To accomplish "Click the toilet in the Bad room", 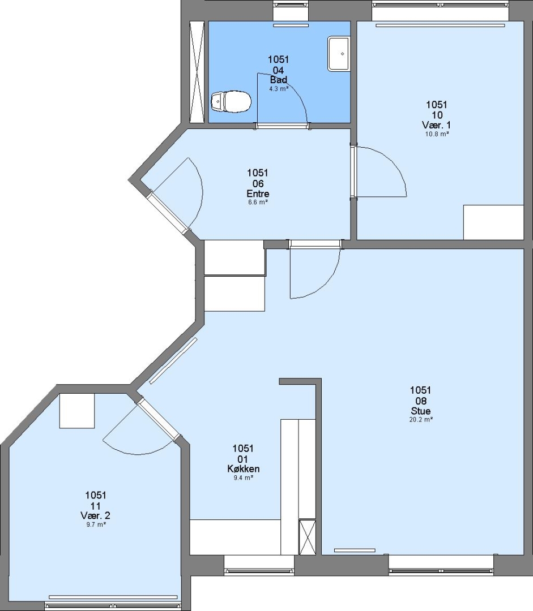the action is pos(231,102).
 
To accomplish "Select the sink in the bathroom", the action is pos(339,53).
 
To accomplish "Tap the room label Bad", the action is pos(279,80).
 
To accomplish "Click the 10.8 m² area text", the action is pos(437,134).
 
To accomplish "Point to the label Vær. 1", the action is pos(436,125).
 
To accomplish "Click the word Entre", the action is pos(258,193).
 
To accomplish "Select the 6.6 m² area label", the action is pos(258,202).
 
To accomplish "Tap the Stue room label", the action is pos(421,411).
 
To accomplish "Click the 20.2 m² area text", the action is pos(421,420).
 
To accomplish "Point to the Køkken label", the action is pos(243,469).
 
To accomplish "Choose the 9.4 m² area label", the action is pos(243,477).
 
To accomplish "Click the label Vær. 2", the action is pos(96,515).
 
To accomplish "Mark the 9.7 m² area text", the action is pos(96,524).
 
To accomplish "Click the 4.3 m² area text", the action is pos(279,89).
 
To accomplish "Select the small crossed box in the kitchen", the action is pos(307,536).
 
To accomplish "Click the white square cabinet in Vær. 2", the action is pos(77,411).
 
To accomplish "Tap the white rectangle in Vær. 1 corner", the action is pos(493,222).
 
